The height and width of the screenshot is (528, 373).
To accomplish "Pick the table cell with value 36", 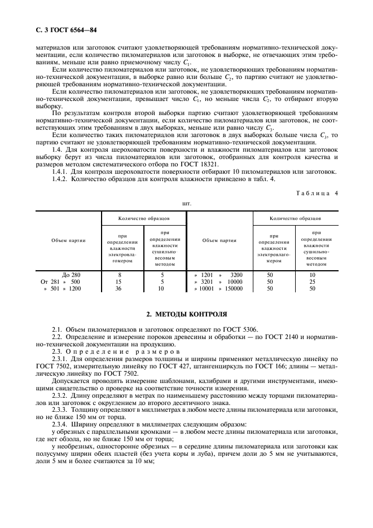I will [x=119, y=288].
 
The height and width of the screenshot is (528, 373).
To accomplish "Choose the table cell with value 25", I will [x=312, y=281].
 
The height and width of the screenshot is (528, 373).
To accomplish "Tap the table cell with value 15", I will [x=119, y=281].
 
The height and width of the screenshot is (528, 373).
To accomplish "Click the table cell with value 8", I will [x=119, y=275].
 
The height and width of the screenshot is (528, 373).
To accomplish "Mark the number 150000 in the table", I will [x=231, y=288].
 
